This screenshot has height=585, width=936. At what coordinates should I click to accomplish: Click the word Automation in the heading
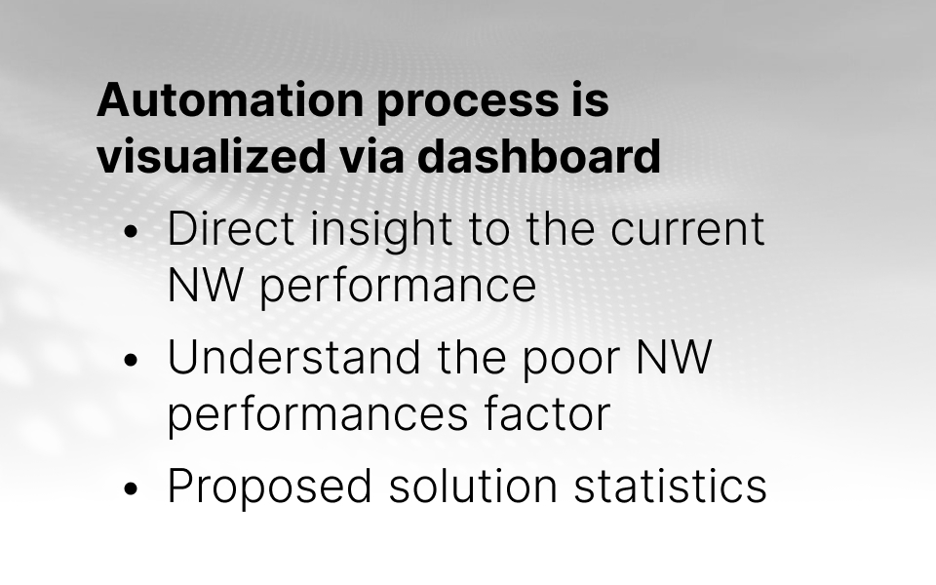pyautogui.click(x=230, y=99)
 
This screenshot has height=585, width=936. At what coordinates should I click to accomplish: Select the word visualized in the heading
pyautogui.click(x=212, y=156)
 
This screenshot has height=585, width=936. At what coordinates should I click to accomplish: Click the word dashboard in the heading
pyautogui.click(x=539, y=156)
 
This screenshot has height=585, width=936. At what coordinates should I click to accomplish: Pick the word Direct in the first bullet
pyautogui.click(x=231, y=228)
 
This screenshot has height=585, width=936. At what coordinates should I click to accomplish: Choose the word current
pyautogui.click(x=687, y=230)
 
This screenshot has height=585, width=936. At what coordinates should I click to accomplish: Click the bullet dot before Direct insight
pyautogui.click(x=132, y=232)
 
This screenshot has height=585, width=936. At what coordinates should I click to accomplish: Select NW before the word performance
pyautogui.click(x=205, y=285)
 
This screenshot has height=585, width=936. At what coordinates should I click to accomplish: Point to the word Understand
pyautogui.click(x=294, y=357)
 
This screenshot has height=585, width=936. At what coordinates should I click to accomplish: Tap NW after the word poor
pyautogui.click(x=674, y=357)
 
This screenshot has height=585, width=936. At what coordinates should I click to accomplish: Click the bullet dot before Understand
pyautogui.click(x=132, y=360)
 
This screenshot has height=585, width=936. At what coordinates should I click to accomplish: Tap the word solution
pyautogui.click(x=474, y=485)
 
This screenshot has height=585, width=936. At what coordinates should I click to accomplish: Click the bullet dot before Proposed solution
pyautogui.click(x=132, y=488)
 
